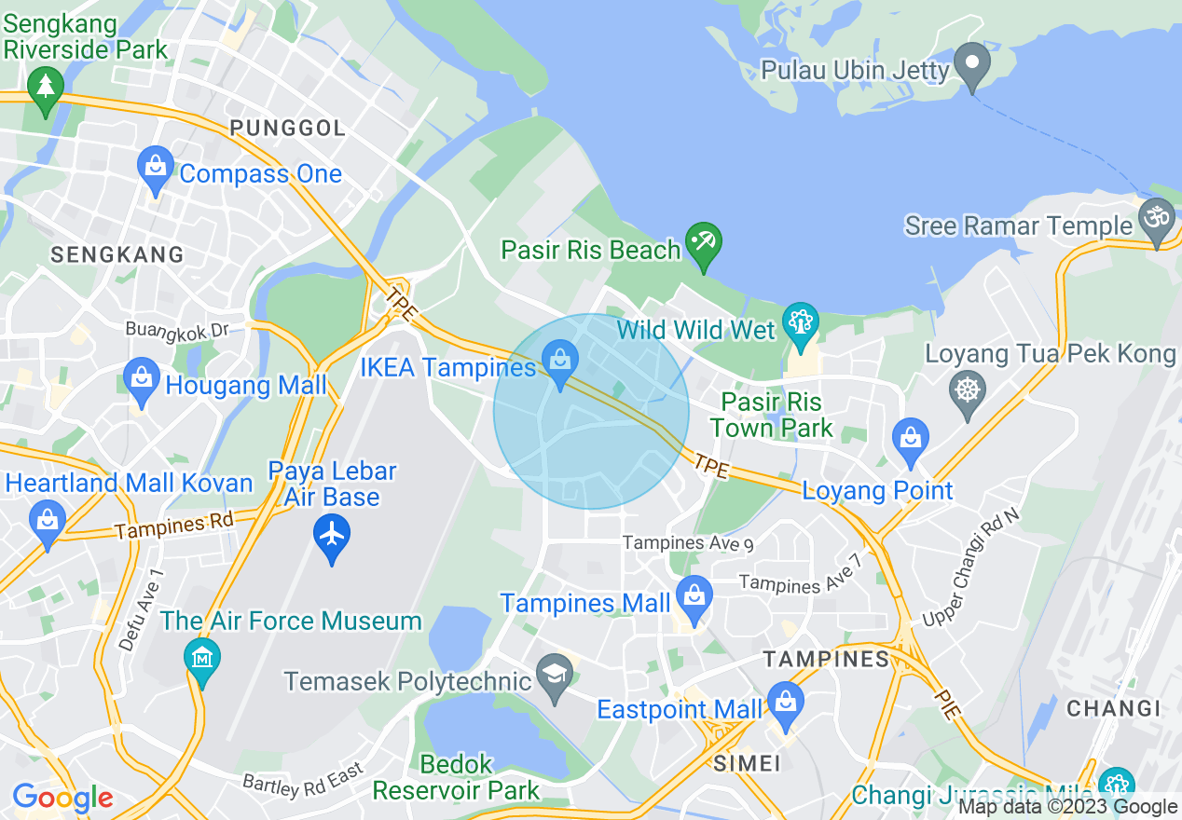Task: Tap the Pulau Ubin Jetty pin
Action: click(972, 63)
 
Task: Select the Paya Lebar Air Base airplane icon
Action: click(332, 536)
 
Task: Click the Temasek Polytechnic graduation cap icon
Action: click(556, 677)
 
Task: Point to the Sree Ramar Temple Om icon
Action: click(1156, 220)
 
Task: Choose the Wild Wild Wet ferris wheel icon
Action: click(800, 323)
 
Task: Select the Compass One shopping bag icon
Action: click(155, 168)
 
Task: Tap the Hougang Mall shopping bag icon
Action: click(142, 379)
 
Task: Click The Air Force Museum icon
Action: click(201, 658)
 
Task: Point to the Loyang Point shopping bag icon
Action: click(910, 439)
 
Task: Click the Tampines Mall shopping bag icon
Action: click(694, 596)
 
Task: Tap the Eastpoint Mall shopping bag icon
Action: click(786, 704)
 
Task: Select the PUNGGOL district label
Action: click(287, 129)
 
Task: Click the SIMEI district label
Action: click(746, 764)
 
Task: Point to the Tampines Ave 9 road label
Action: click(688, 542)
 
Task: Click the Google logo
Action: click(62, 799)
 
